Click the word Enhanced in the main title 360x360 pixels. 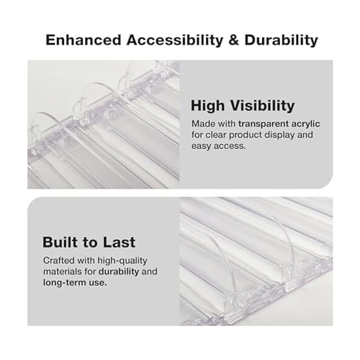(x=83, y=40)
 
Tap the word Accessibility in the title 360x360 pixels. (x=175, y=40)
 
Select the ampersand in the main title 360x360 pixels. (x=234, y=40)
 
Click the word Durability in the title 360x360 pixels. (x=281, y=40)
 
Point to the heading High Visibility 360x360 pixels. (x=243, y=106)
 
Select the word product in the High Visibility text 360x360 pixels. (x=245, y=135)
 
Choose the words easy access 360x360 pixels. (x=219, y=146)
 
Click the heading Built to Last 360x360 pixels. (x=89, y=242)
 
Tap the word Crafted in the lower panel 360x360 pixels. (x=59, y=261)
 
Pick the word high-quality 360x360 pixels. (x=122, y=261)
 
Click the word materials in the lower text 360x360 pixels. (x=62, y=272)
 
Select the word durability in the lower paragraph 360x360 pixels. (x=119, y=272)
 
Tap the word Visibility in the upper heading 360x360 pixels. (x=262, y=106)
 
